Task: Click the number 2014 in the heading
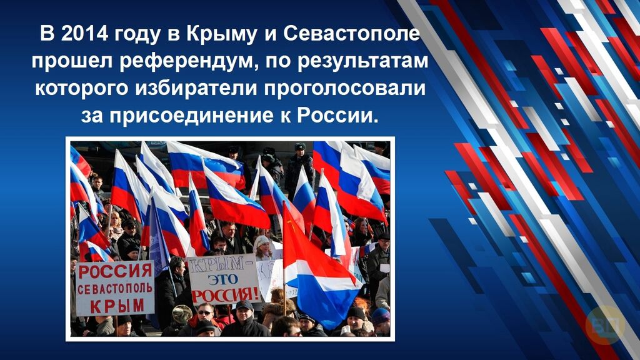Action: tap(84, 34)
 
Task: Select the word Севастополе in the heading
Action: tap(351, 34)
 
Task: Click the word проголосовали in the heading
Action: tap(345, 89)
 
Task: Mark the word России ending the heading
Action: tap(335, 116)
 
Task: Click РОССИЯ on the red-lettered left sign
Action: tap(115, 271)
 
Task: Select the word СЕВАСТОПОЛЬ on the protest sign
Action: tap(115, 289)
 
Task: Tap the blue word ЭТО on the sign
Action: tap(223, 279)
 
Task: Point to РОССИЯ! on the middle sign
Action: tap(225, 295)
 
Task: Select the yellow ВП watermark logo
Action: tap(605, 325)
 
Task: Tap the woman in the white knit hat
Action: tap(263, 247)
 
